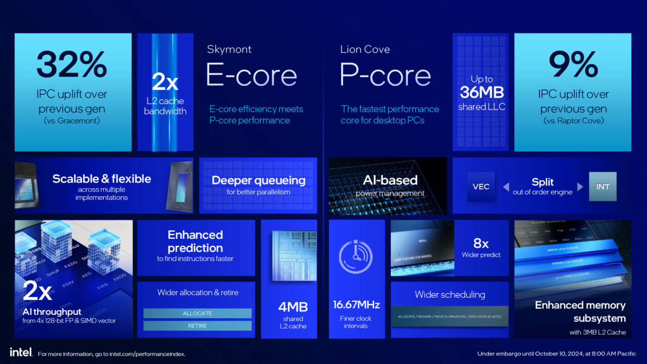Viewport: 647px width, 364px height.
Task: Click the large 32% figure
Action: coord(72,65)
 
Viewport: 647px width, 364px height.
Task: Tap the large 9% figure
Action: coord(573,65)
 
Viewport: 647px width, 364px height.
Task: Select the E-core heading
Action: coord(251,75)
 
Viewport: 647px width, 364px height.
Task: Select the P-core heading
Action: coord(385,75)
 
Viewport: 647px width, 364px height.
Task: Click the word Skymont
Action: coord(229,49)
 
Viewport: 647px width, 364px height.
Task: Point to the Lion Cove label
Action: coord(365,49)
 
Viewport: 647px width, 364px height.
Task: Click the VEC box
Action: coord(481,187)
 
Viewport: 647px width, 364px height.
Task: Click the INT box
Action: coord(603,187)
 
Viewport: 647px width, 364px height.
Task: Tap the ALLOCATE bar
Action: coord(197,313)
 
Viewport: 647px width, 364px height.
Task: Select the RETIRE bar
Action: coord(197,326)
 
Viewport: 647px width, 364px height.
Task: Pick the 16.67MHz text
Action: coord(356,305)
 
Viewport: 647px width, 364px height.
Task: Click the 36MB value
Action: coord(482,93)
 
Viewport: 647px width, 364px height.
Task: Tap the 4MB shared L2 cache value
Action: coord(293,307)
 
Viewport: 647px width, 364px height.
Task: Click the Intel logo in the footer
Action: coord(21,352)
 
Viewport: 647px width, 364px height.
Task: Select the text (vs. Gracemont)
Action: coord(72,121)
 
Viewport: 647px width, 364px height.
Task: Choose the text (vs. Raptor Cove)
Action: coord(573,121)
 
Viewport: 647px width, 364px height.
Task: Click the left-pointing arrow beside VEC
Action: coord(505,187)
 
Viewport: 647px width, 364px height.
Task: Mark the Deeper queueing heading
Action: coord(258,180)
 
